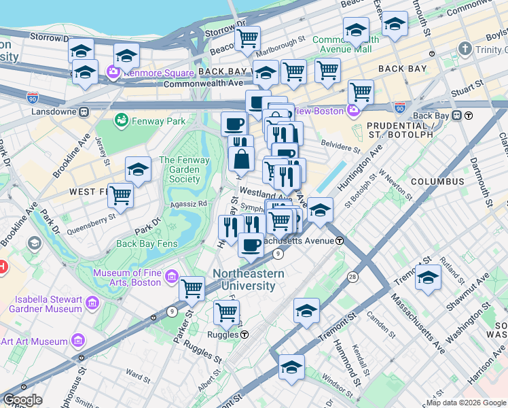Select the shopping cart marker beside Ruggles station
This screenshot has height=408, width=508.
[x=226, y=313]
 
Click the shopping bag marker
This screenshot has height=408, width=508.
[x=242, y=159]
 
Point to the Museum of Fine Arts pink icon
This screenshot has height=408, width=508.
[x=171, y=277]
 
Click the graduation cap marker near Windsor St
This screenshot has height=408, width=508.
[x=291, y=367]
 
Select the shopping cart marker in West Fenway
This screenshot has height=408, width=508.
[x=120, y=195]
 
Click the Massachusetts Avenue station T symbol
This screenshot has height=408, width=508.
[x=339, y=240]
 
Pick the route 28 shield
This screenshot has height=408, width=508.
[x=353, y=277]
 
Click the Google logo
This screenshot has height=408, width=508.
[x=22, y=400]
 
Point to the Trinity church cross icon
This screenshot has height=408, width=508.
[x=465, y=48]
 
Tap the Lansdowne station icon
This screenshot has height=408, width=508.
[x=84, y=111]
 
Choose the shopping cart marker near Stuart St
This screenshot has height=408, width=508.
[x=361, y=92]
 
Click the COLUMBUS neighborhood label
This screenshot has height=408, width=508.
[x=437, y=182]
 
